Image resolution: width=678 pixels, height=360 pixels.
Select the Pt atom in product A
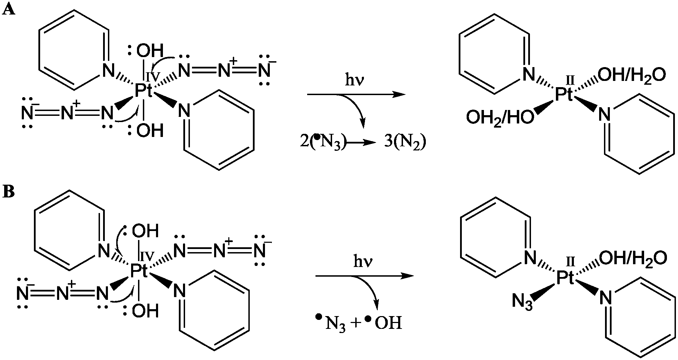coord(564,94)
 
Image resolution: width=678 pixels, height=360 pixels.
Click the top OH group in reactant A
coord(150,51)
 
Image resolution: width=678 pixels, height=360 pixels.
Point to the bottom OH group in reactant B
coord(145,311)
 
